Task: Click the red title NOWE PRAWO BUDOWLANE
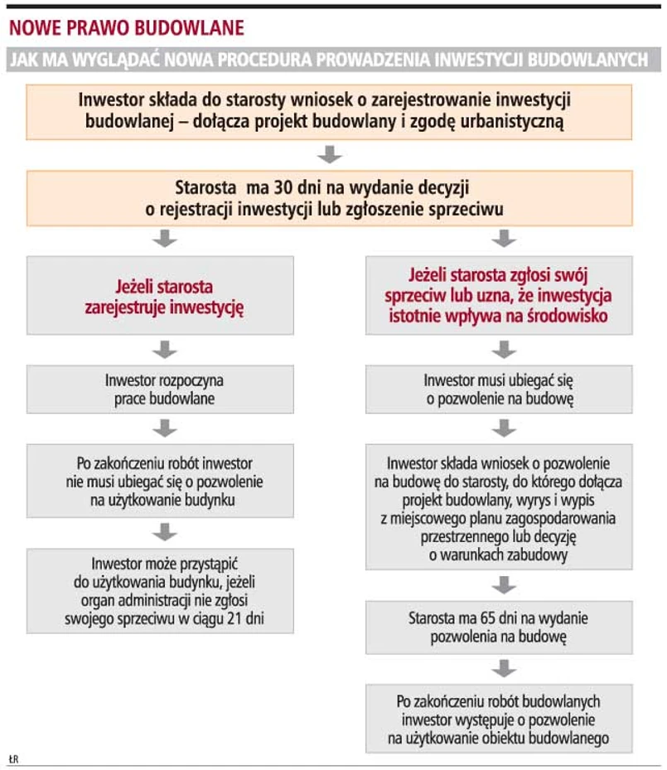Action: (x=127, y=28)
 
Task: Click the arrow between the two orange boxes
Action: (x=330, y=154)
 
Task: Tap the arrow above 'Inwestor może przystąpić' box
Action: (x=165, y=530)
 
